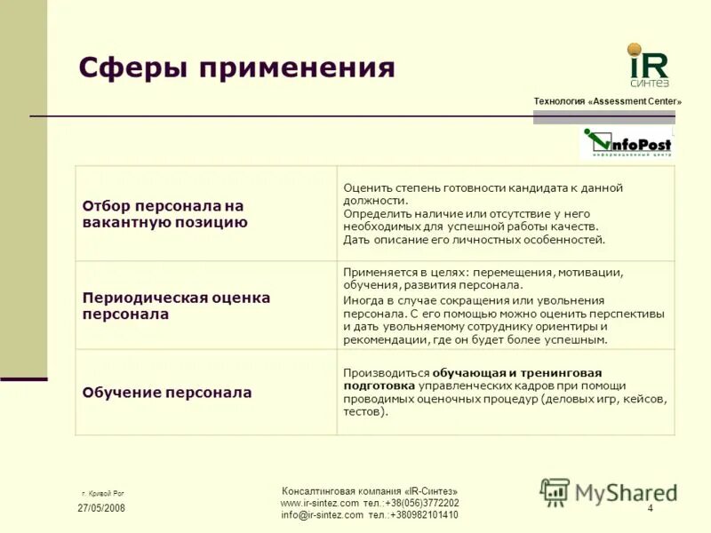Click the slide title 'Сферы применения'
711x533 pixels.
[x=236, y=68]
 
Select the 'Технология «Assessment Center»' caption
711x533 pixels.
[x=607, y=101]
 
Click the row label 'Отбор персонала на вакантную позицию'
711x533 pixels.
[x=164, y=214]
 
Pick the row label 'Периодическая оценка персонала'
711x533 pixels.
[x=176, y=306]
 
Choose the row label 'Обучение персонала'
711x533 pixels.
[x=167, y=392]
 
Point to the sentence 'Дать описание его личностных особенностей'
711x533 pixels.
[x=474, y=239]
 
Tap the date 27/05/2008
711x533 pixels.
[x=100, y=508]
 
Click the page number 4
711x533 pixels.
[x=650, y=508]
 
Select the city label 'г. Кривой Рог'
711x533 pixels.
[x=102, y=491]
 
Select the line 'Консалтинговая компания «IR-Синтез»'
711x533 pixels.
[x=369, y=491]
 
